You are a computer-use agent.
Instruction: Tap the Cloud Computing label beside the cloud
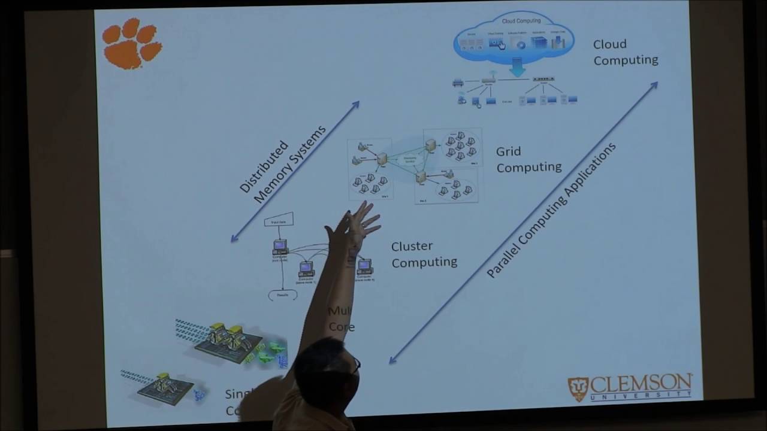(x=625, y=52)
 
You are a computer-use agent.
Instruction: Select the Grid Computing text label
(x=528, y=159)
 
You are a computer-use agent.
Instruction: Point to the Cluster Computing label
(x=424, y=254)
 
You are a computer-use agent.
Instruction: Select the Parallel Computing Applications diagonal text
(x=551, y=210)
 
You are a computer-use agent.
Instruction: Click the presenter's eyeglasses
(x=357, y=363)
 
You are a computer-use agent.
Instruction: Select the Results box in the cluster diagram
(x=282, y=295)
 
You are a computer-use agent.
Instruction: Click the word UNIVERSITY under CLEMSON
(x=641, y=396)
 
